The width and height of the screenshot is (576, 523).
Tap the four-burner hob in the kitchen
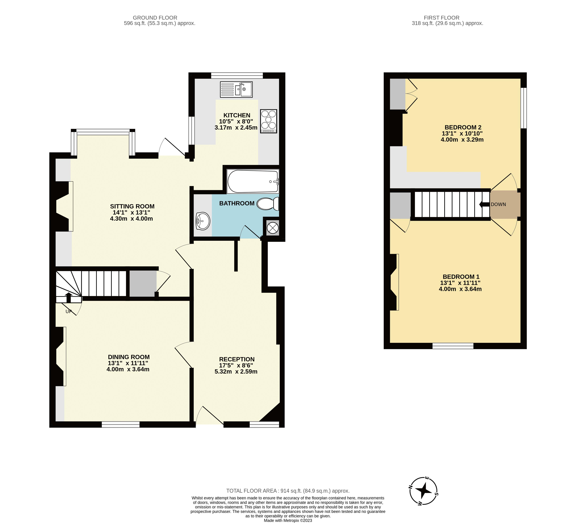pyautogui.click(x=269, y=121)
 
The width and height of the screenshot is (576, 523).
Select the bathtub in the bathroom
pyautogui.click(x=253, y=181)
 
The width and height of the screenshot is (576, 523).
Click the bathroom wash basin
pyautogui.click(x=203, y=221)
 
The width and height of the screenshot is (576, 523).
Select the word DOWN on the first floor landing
pyautogui.click(x=498, y=205)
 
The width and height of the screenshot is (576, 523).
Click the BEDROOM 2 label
pyautogui.click(x=463, y=127)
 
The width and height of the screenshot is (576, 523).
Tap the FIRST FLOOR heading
pyautogui.click(x=441, y=18)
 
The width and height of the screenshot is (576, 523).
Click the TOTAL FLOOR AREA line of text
pyautogui.click(x=288, y=491)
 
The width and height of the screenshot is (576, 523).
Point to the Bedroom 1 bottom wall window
pyautogui.click(x=453, y=346)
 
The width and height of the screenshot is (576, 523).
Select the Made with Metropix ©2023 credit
pyautogui.click(x=288, y=520)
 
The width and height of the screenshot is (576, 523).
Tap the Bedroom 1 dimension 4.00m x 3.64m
pyautogui.click(x=460, y=289)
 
